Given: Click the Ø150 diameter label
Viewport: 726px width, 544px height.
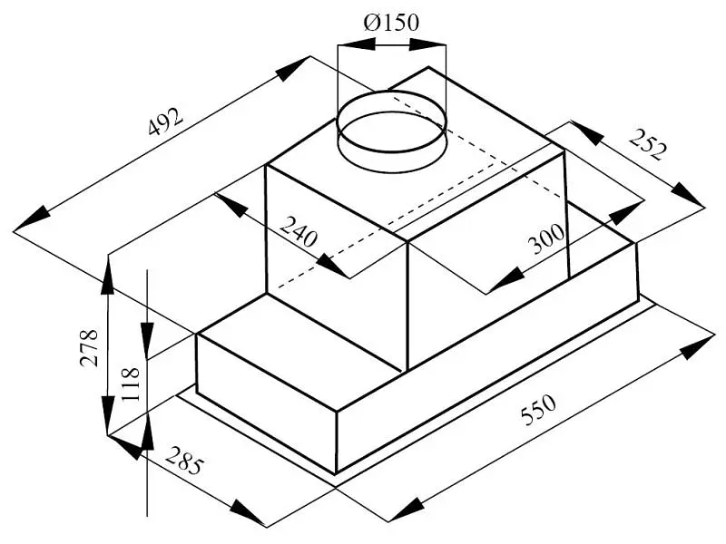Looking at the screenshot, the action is pos(391,22).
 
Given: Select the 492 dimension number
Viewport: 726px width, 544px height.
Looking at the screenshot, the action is pos(166,121).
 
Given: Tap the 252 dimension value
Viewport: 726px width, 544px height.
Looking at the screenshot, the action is pos(649,144).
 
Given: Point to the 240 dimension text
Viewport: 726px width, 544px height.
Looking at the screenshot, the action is pos(299,231).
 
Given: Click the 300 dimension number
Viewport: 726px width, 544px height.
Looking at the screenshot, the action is pos(547,239).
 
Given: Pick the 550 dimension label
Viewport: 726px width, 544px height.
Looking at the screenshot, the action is pos(538,410).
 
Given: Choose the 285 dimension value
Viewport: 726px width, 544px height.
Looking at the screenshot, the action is pos(184,461).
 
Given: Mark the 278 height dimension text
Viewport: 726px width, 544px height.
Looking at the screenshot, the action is pos(89,347).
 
